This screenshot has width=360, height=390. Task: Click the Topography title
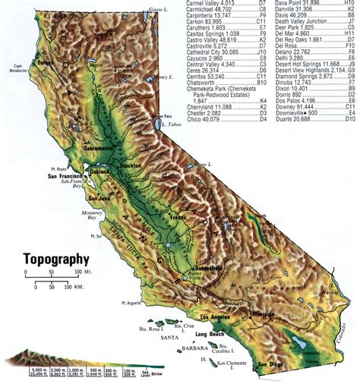point(55,259)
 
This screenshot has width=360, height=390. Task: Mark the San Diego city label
point(272,366)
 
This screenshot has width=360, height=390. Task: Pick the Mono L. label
point(203,164)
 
